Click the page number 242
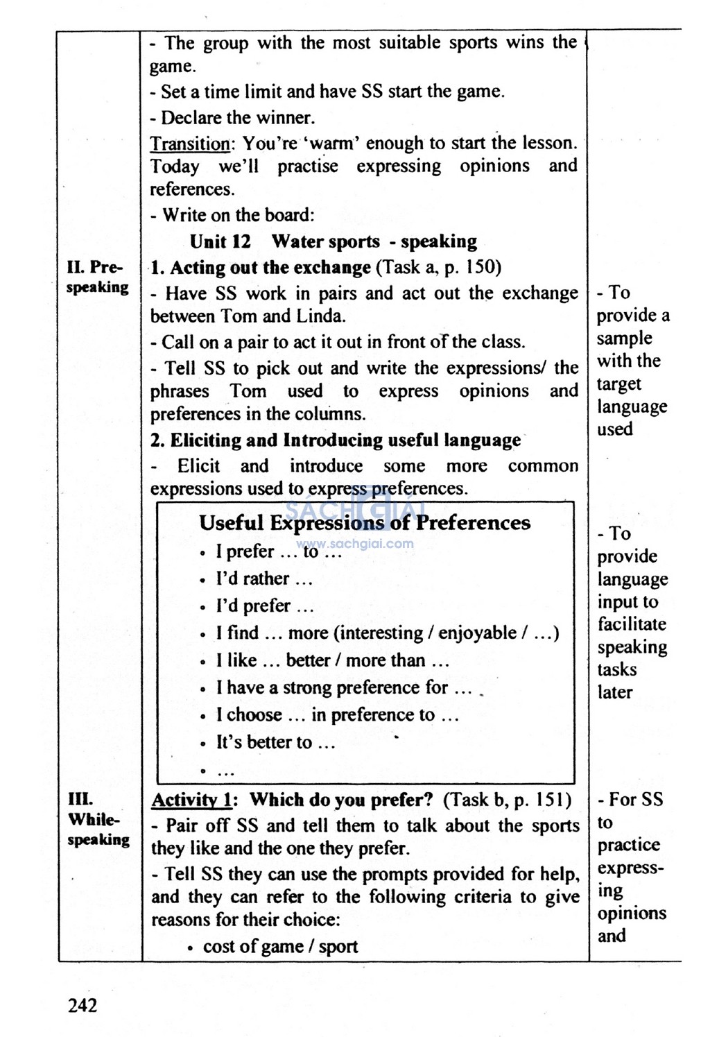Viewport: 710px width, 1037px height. pos(83,1005)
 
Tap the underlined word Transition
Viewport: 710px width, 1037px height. pos(190,144)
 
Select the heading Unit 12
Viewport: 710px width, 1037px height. pos(220,241)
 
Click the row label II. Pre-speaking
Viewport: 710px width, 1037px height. pos(97,277)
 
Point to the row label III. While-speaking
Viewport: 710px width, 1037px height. pos(97,819)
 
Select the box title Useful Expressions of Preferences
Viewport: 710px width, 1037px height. pos(365,522)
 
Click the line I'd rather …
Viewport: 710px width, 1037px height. pos(263,579)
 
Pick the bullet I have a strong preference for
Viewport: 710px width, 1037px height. pos(343,687)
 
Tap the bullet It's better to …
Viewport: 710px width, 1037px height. pos(275,742)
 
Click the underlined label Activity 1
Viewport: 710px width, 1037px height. pos(191,800)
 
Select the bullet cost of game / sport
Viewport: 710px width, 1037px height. pos(280,946)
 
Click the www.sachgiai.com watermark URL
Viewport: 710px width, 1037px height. pos(355,543)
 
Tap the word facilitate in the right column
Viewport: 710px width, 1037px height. pos(632,624)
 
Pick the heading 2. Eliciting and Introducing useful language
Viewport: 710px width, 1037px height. pos(336,440)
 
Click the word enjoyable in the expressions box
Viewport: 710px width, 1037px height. pos(477,633)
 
